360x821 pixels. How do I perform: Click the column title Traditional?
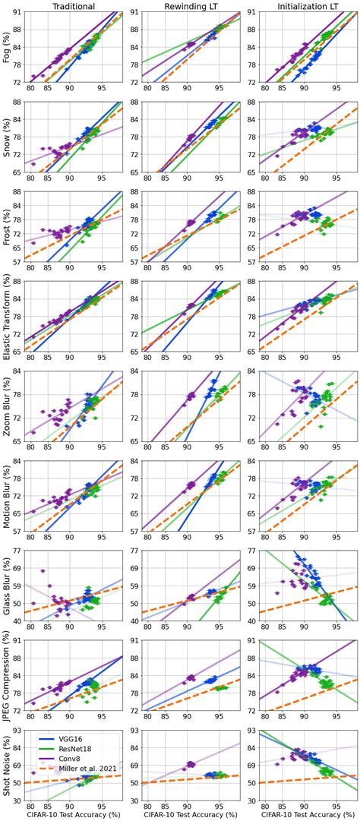[74, 5]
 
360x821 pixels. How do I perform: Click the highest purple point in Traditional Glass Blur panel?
[43, 570]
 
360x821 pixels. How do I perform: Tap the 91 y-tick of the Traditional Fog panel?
[19, 13]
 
